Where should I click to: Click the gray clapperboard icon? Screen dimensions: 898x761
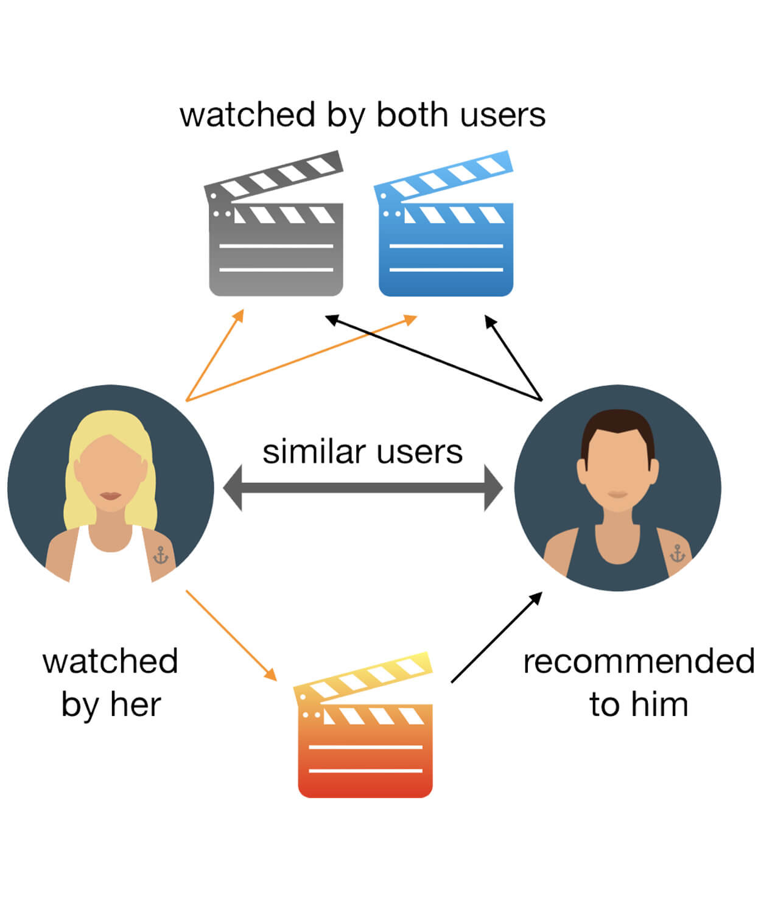pos(276,244)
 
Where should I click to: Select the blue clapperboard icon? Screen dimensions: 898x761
pos(446,244)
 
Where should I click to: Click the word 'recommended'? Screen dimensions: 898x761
pos(638,662)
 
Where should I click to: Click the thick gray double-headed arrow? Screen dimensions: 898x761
pos(363,488)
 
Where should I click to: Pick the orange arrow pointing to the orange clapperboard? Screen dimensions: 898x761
pos(231,635)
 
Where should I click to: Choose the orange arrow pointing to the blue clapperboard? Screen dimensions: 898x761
pos(301,358)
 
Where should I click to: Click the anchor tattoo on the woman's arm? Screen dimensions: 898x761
pos(160,555)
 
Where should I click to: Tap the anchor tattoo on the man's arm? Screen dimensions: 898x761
pos(677,553)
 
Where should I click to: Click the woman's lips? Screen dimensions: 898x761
pos(111,496)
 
